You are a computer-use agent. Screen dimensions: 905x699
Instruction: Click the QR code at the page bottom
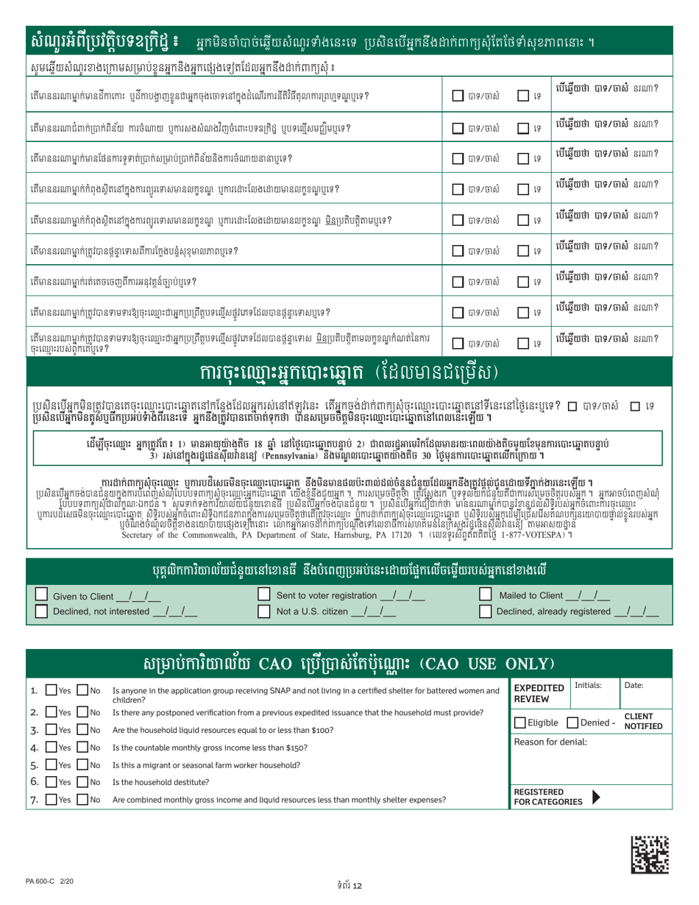coord(651,853)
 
